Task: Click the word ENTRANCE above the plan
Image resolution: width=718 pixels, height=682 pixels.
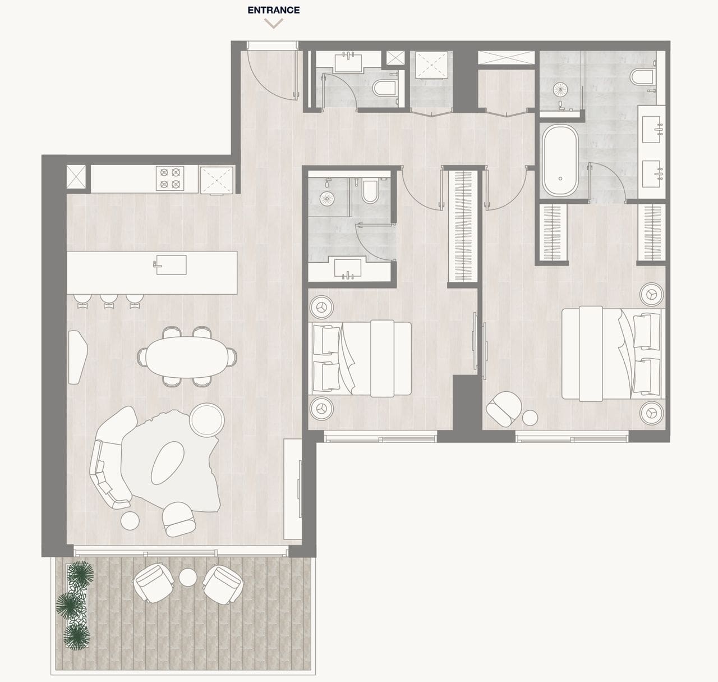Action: [x=274, y=10]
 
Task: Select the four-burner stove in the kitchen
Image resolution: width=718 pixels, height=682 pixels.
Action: [x=170, y=178]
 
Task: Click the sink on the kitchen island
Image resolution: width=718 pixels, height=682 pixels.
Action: [x=170, y=264]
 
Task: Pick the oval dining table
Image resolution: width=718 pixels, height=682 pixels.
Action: [x=187, y=356]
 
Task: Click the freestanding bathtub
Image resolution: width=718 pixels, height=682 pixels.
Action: [x=560, y=160]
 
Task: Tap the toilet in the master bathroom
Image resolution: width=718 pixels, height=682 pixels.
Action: [x=642, y=77]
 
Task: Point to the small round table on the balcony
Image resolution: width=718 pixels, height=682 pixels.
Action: [x=188, y=577]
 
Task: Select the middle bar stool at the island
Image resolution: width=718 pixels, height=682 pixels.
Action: [x=109, y=301]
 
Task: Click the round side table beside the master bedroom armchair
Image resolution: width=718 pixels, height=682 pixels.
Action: [x=530, y=418]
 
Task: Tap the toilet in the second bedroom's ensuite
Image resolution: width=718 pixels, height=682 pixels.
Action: [x=370, y=190]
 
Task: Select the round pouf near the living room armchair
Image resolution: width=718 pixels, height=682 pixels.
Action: [x=130, y=520]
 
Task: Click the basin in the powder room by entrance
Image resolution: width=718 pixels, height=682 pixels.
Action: [x=349, y=62]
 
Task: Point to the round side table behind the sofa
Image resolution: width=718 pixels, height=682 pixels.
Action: [x=208, y=420]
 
